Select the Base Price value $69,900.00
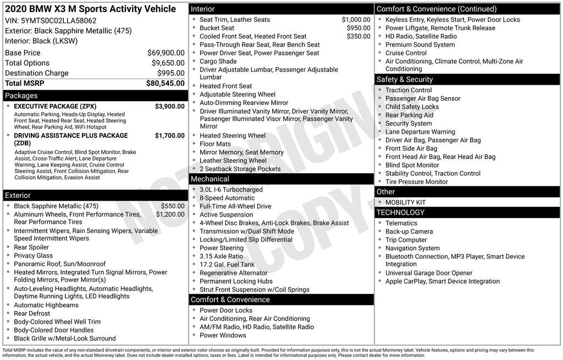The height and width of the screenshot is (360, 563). [165, 53]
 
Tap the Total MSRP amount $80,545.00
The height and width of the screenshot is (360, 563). [165, 84]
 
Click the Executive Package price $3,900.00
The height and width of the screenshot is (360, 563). [169, 106]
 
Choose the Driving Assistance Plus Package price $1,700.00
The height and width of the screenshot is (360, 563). [169, 135]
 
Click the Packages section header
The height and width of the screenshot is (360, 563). [21, 96]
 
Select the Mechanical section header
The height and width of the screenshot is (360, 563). [209, 179]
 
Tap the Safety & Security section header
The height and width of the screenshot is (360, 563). [404, 80]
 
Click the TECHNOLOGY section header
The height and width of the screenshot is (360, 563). [400, 213]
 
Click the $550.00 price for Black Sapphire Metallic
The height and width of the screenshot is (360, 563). [173, 206]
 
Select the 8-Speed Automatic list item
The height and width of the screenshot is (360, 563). [227, 198]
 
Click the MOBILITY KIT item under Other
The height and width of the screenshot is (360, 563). [405, 202]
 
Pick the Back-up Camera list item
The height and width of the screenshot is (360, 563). [409, 231]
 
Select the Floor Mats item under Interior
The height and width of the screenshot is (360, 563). [215, 144]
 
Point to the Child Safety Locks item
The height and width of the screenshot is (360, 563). [412, 107]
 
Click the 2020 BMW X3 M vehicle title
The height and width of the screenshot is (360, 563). [90, 9]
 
